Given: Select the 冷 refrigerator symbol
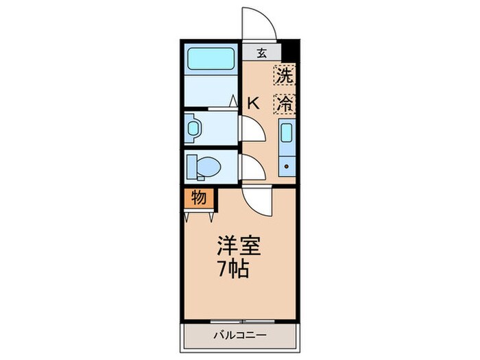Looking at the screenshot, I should (x=285, y=103).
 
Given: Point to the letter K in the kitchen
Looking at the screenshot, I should (x=253, y=104).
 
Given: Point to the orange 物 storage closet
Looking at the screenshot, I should (x=198, y=198).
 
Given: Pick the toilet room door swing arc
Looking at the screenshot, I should (x=250, y=166).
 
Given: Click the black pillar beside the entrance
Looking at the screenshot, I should (x=289, y=52).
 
